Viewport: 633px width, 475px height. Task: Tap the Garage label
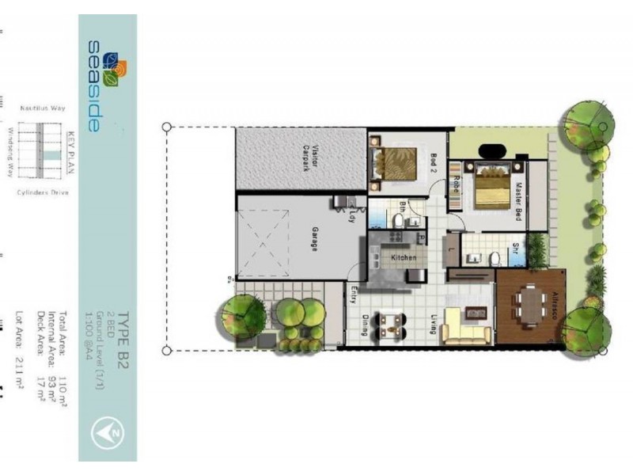coord(314,238)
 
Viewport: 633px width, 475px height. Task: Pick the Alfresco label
coord(556,305)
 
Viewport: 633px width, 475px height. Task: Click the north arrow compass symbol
coord(109,431)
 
